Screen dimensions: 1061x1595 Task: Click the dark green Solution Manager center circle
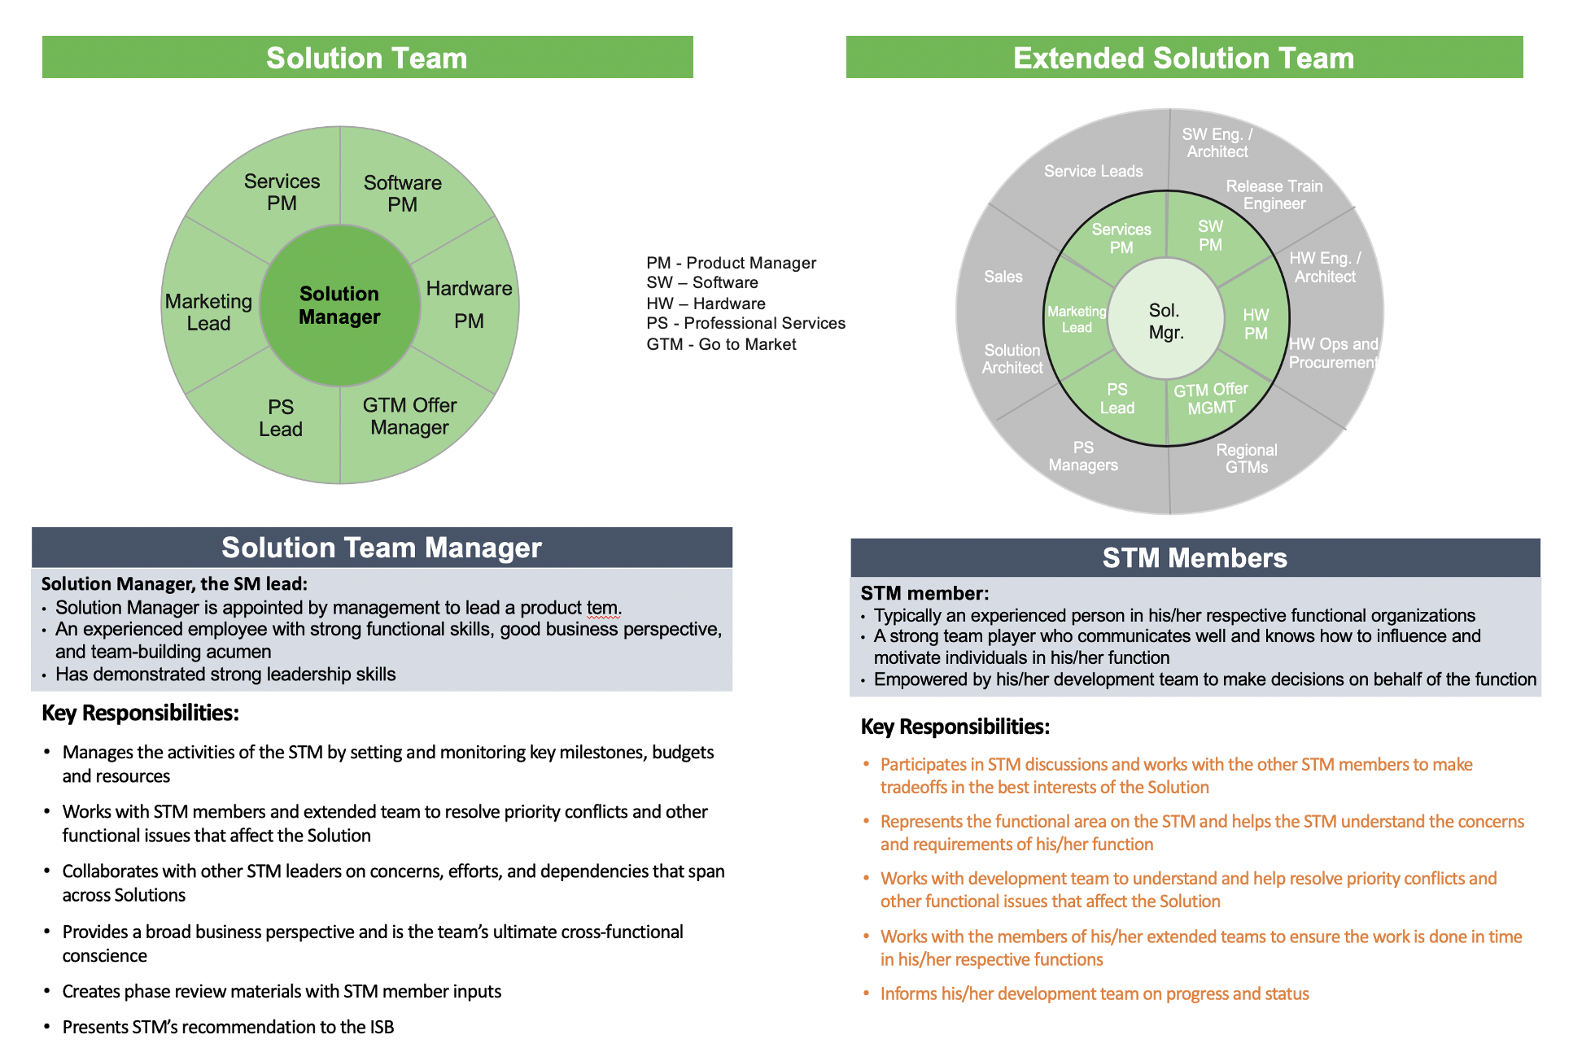[339, 305]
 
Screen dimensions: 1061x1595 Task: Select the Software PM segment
[403, 194]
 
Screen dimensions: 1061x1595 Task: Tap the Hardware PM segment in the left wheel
[469, 304]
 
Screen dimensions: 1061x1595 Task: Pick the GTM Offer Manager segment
[409, 416]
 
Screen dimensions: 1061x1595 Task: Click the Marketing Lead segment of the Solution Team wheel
[209, 312]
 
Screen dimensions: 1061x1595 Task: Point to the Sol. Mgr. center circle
[1166, 321]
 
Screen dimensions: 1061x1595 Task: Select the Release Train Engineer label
[1274, 195]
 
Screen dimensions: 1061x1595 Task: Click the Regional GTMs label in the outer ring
[1246, 458]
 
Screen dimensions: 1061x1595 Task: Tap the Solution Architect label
[1012, 359]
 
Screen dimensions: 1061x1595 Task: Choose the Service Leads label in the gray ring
[1093, 171]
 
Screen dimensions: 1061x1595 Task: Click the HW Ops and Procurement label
[1333, 353]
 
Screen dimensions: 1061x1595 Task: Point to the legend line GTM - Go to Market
[721, 344]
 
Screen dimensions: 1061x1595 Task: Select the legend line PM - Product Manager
[731, 263]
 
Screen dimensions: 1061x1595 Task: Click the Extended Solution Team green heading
[1184, 58]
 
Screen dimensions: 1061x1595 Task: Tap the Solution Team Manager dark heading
[382, 548]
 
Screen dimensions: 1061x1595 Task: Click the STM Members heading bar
[1195, 558]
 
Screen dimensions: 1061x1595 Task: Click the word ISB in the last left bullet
[382, 1027]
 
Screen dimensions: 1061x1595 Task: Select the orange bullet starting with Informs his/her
[1095, 993]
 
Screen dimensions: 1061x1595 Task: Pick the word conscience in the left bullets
[105, 955]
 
